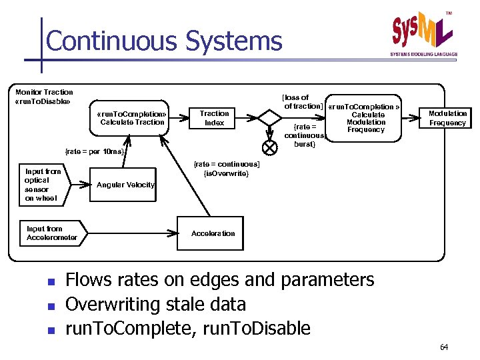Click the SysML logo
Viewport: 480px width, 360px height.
(422, 33)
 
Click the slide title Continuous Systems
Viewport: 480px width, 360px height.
(164, 41)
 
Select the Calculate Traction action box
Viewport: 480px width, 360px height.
(132, 117)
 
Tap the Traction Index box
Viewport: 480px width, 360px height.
(214, 118)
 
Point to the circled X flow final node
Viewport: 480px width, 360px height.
(270, 146)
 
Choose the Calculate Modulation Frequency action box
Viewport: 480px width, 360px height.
(365, 118)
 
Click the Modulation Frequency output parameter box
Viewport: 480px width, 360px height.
(447, 118)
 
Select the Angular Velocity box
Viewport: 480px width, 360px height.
(126, 185)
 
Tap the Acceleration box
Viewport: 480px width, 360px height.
(213, 233)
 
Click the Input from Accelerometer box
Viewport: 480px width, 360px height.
(51, 233)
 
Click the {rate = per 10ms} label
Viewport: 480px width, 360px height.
(94, 151)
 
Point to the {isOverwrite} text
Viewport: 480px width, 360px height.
(226, 173)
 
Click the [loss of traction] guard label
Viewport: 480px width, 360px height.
(303, 101)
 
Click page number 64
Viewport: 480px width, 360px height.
(445, 347)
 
